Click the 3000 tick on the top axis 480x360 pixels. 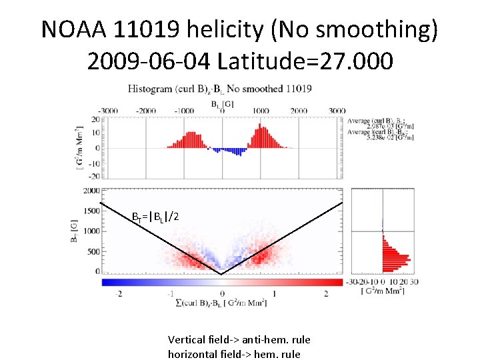click(x=337, y=111)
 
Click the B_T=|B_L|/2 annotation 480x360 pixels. click(x=154, y=217)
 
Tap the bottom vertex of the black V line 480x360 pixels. click(x=221, y=273)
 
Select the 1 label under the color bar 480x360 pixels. click(x=274, y=293)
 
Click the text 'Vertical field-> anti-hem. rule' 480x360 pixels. click(x=239, y=339)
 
